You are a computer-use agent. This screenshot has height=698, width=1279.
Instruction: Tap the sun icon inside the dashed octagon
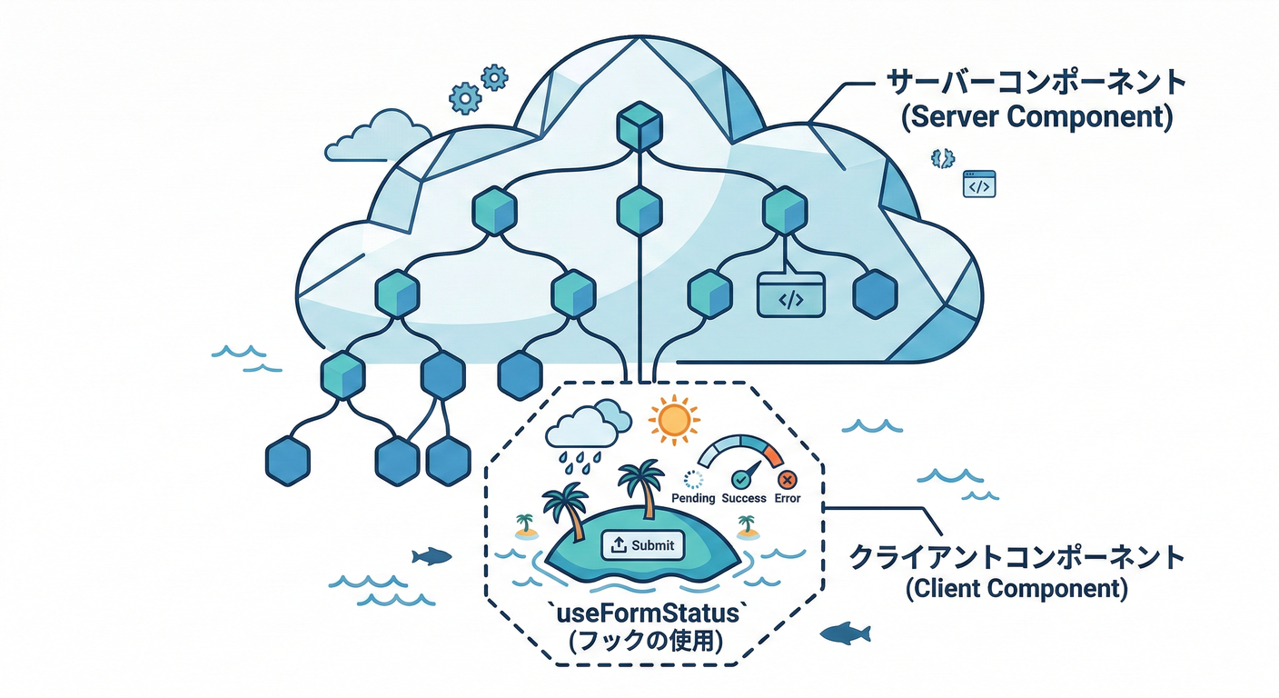(673, 420)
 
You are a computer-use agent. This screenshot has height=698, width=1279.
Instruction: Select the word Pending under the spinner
(694, 498)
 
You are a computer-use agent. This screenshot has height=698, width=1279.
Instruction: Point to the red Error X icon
(787, 479)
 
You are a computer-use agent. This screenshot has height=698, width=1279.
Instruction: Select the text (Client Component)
(1016, 588)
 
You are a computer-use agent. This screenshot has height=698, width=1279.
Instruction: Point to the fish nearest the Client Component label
(845, 633)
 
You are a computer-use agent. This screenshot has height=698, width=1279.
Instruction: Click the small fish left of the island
(431, 555)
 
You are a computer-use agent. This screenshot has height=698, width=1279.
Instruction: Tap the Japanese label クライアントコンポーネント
(1016, 555)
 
